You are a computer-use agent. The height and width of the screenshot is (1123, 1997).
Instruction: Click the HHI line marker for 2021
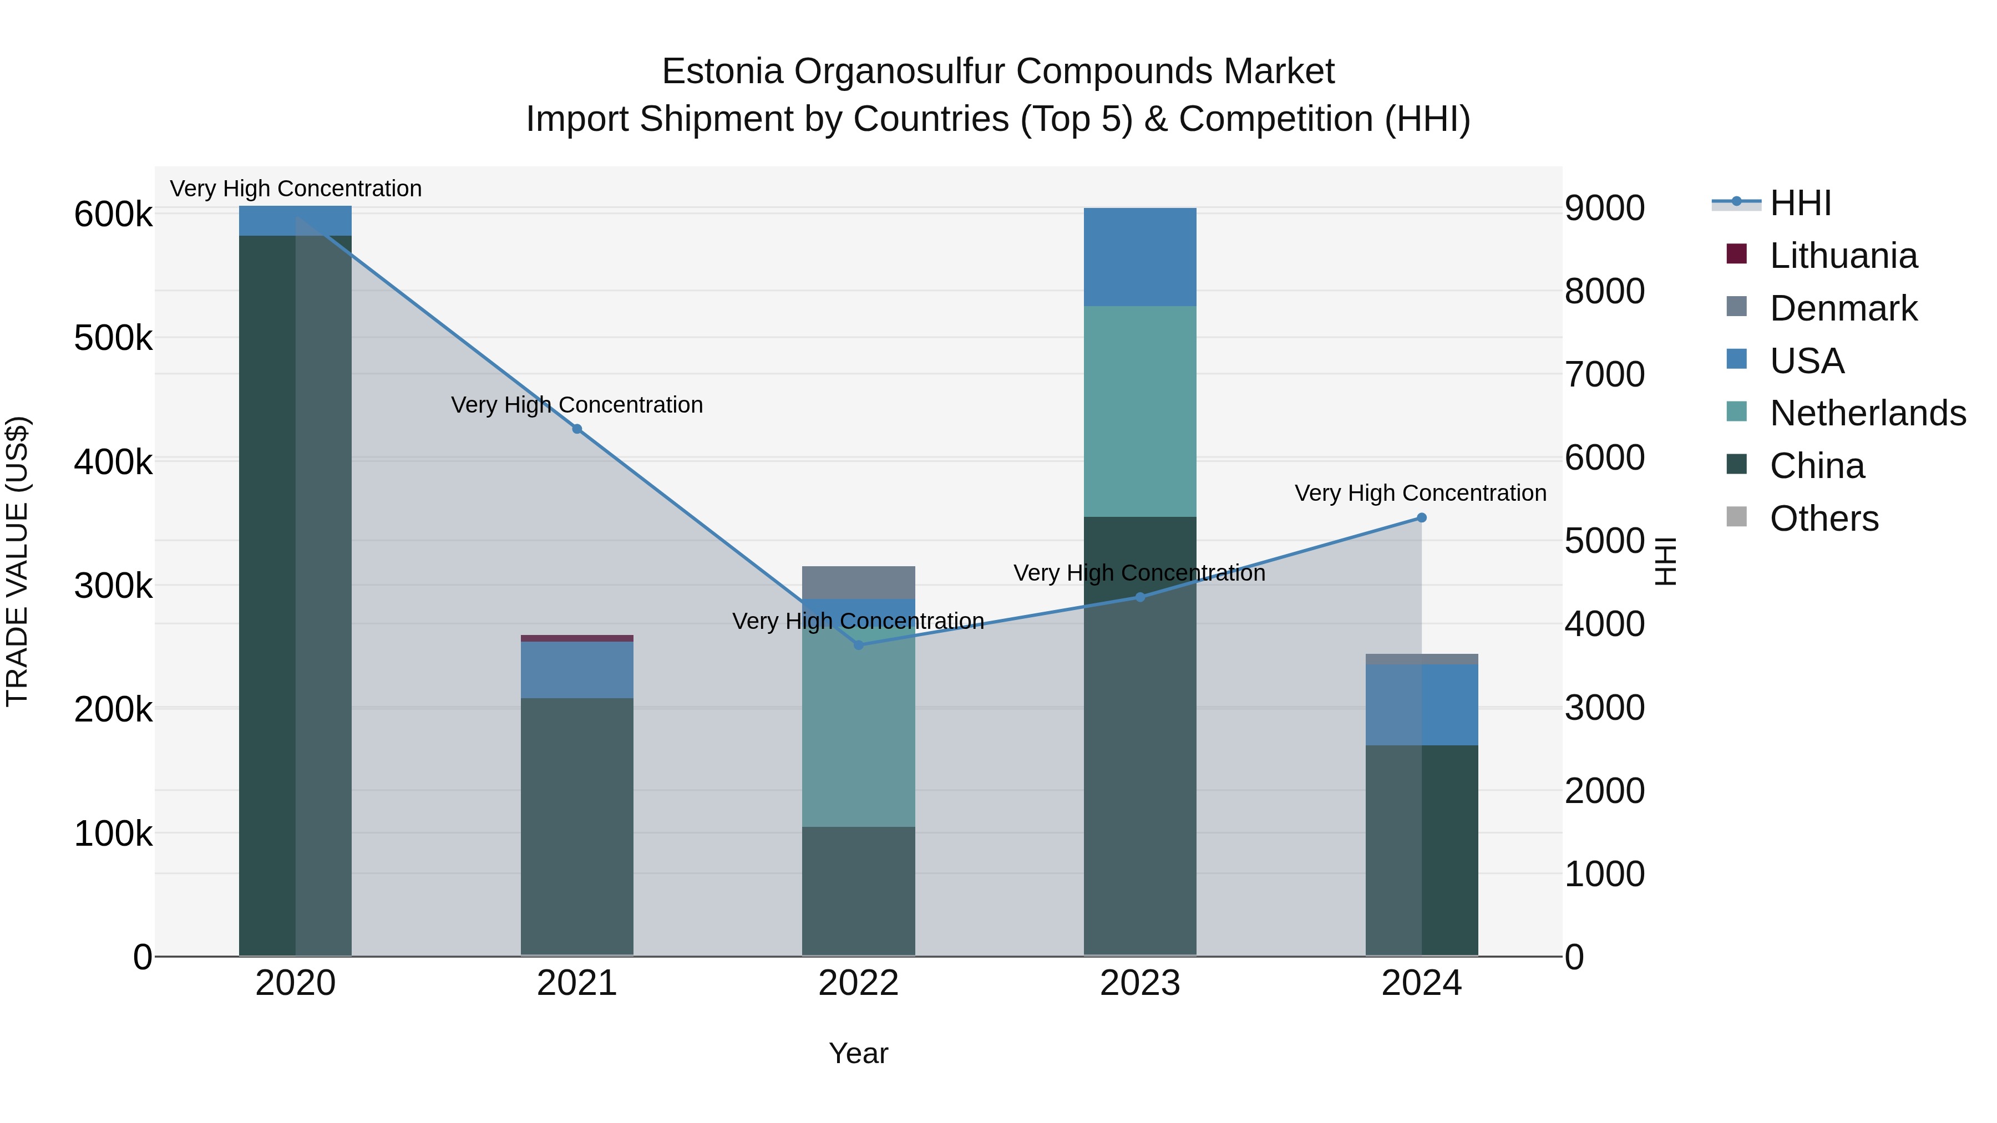[x=577, y=429]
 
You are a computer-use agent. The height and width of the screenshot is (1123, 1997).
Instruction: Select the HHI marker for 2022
[x=858, y=645]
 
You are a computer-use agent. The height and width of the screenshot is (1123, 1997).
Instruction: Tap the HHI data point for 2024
[x=1421, y=518]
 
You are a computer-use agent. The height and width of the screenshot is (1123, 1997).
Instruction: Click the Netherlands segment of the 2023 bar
[x=1139, y=411]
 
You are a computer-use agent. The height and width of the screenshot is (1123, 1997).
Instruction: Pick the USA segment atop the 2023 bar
[x=1139, y=257]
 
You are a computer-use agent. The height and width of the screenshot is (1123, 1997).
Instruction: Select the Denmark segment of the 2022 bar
[x=858, y=582]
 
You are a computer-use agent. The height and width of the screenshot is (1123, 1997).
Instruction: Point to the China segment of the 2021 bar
[x=577, y=825]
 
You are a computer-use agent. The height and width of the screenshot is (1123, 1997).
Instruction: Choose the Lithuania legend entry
[x=1843, y=256]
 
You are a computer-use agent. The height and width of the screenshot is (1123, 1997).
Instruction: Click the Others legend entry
[x=1823, y=519]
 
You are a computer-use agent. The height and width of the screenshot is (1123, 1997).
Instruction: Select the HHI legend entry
[x=1800, y=203]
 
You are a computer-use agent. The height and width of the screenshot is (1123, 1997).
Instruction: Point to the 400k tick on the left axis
[x=113, y=463]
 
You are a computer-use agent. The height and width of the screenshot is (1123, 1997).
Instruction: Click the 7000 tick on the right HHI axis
[x=1604, y=374]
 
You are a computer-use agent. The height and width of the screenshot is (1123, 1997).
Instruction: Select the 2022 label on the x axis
[x=858, y=983]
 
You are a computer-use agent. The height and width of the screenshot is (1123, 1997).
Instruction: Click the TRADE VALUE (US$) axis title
[x=17, y=561]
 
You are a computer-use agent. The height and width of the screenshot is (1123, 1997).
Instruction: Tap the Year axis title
[x=858, y=1053]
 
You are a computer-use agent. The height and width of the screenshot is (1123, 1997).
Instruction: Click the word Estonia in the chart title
[x=722, y=72]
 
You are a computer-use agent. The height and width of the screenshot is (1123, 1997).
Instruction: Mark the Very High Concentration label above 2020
[x=295, y=189]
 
